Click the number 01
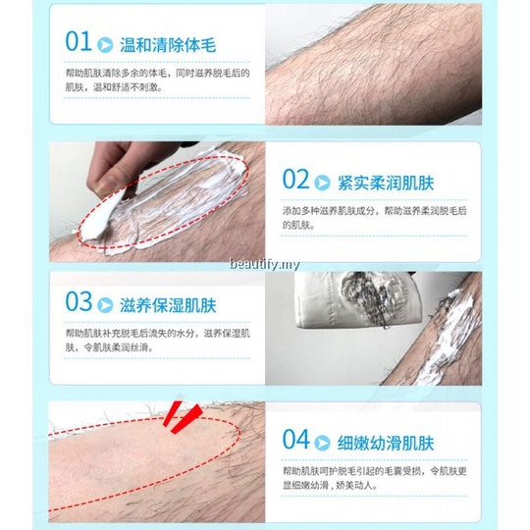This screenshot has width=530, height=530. pos(79,42)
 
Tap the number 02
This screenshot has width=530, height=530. pos(295,179)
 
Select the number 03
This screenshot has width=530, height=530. pos(79,302)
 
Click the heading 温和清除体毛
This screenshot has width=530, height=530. pos(166,44)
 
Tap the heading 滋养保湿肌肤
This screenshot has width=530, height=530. pos(166,304)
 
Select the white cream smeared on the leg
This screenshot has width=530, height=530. pos(182,196)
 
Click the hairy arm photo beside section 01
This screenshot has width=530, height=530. pos(373,64)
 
